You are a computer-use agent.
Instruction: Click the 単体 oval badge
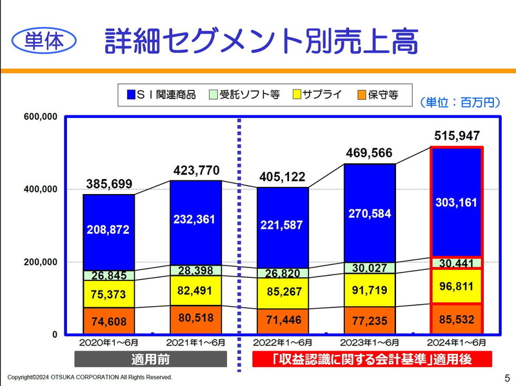point(44,41)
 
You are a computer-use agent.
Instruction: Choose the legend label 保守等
point(382,95)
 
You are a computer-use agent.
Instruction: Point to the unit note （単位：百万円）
point(459,102)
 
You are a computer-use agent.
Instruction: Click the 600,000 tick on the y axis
point(41,117)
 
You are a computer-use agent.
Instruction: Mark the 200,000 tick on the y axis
point(41,262)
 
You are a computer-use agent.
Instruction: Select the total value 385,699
point(110,184)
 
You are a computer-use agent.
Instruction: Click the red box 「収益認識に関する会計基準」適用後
point(372,359)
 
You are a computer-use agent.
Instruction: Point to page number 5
point(506,377)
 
